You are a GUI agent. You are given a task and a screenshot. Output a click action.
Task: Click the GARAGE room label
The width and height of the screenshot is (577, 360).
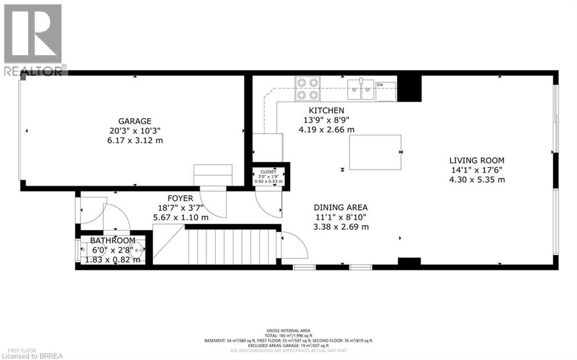coord(134,121)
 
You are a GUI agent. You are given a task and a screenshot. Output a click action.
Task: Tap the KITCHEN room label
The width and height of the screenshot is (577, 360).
coord(326,110)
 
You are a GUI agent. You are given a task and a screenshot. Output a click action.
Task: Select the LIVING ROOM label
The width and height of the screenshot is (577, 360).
coord(476,160)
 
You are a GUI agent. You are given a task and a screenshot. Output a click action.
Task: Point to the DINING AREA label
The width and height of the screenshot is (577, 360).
coord(341,207)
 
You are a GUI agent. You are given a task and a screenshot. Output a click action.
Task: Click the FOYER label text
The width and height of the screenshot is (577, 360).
coord(180,198)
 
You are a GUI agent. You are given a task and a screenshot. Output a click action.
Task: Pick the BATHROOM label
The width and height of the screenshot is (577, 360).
coord(113,241)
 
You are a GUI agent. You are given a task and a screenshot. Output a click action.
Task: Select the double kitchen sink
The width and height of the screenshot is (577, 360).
coord(361,88)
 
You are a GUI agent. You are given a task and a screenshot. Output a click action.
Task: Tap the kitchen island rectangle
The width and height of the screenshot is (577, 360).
coord(375,152)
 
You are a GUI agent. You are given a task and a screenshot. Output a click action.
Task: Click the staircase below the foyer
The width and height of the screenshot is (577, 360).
coord(231,246)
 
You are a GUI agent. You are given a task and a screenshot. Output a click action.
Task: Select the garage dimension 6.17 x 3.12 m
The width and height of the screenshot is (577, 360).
coord(134,140)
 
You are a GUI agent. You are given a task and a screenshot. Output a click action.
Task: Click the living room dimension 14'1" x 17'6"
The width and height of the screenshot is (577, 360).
coord(476,170)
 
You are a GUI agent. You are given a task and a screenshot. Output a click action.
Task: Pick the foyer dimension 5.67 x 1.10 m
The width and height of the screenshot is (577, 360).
coord(180,217)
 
